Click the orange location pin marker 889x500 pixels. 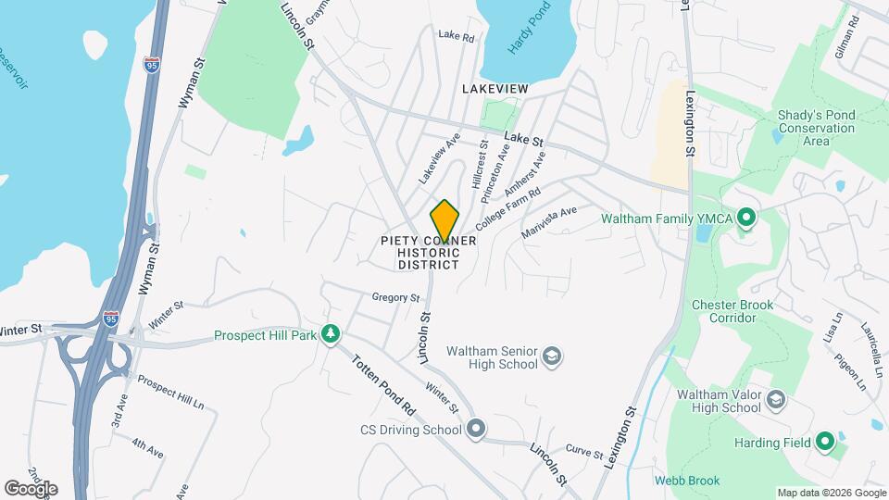coord(445,220)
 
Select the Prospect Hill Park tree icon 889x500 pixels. coord(331,334)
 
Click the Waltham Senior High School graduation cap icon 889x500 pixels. coord(552,357)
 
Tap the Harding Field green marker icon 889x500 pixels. coord(824,442)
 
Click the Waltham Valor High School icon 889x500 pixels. coord(776,400)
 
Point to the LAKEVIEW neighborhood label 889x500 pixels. coord(495,88)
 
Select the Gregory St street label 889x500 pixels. coord(395,298)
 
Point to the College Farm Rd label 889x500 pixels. coord(507,210)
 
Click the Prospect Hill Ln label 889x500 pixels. coord(171,392)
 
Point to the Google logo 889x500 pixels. coord(31,488)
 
